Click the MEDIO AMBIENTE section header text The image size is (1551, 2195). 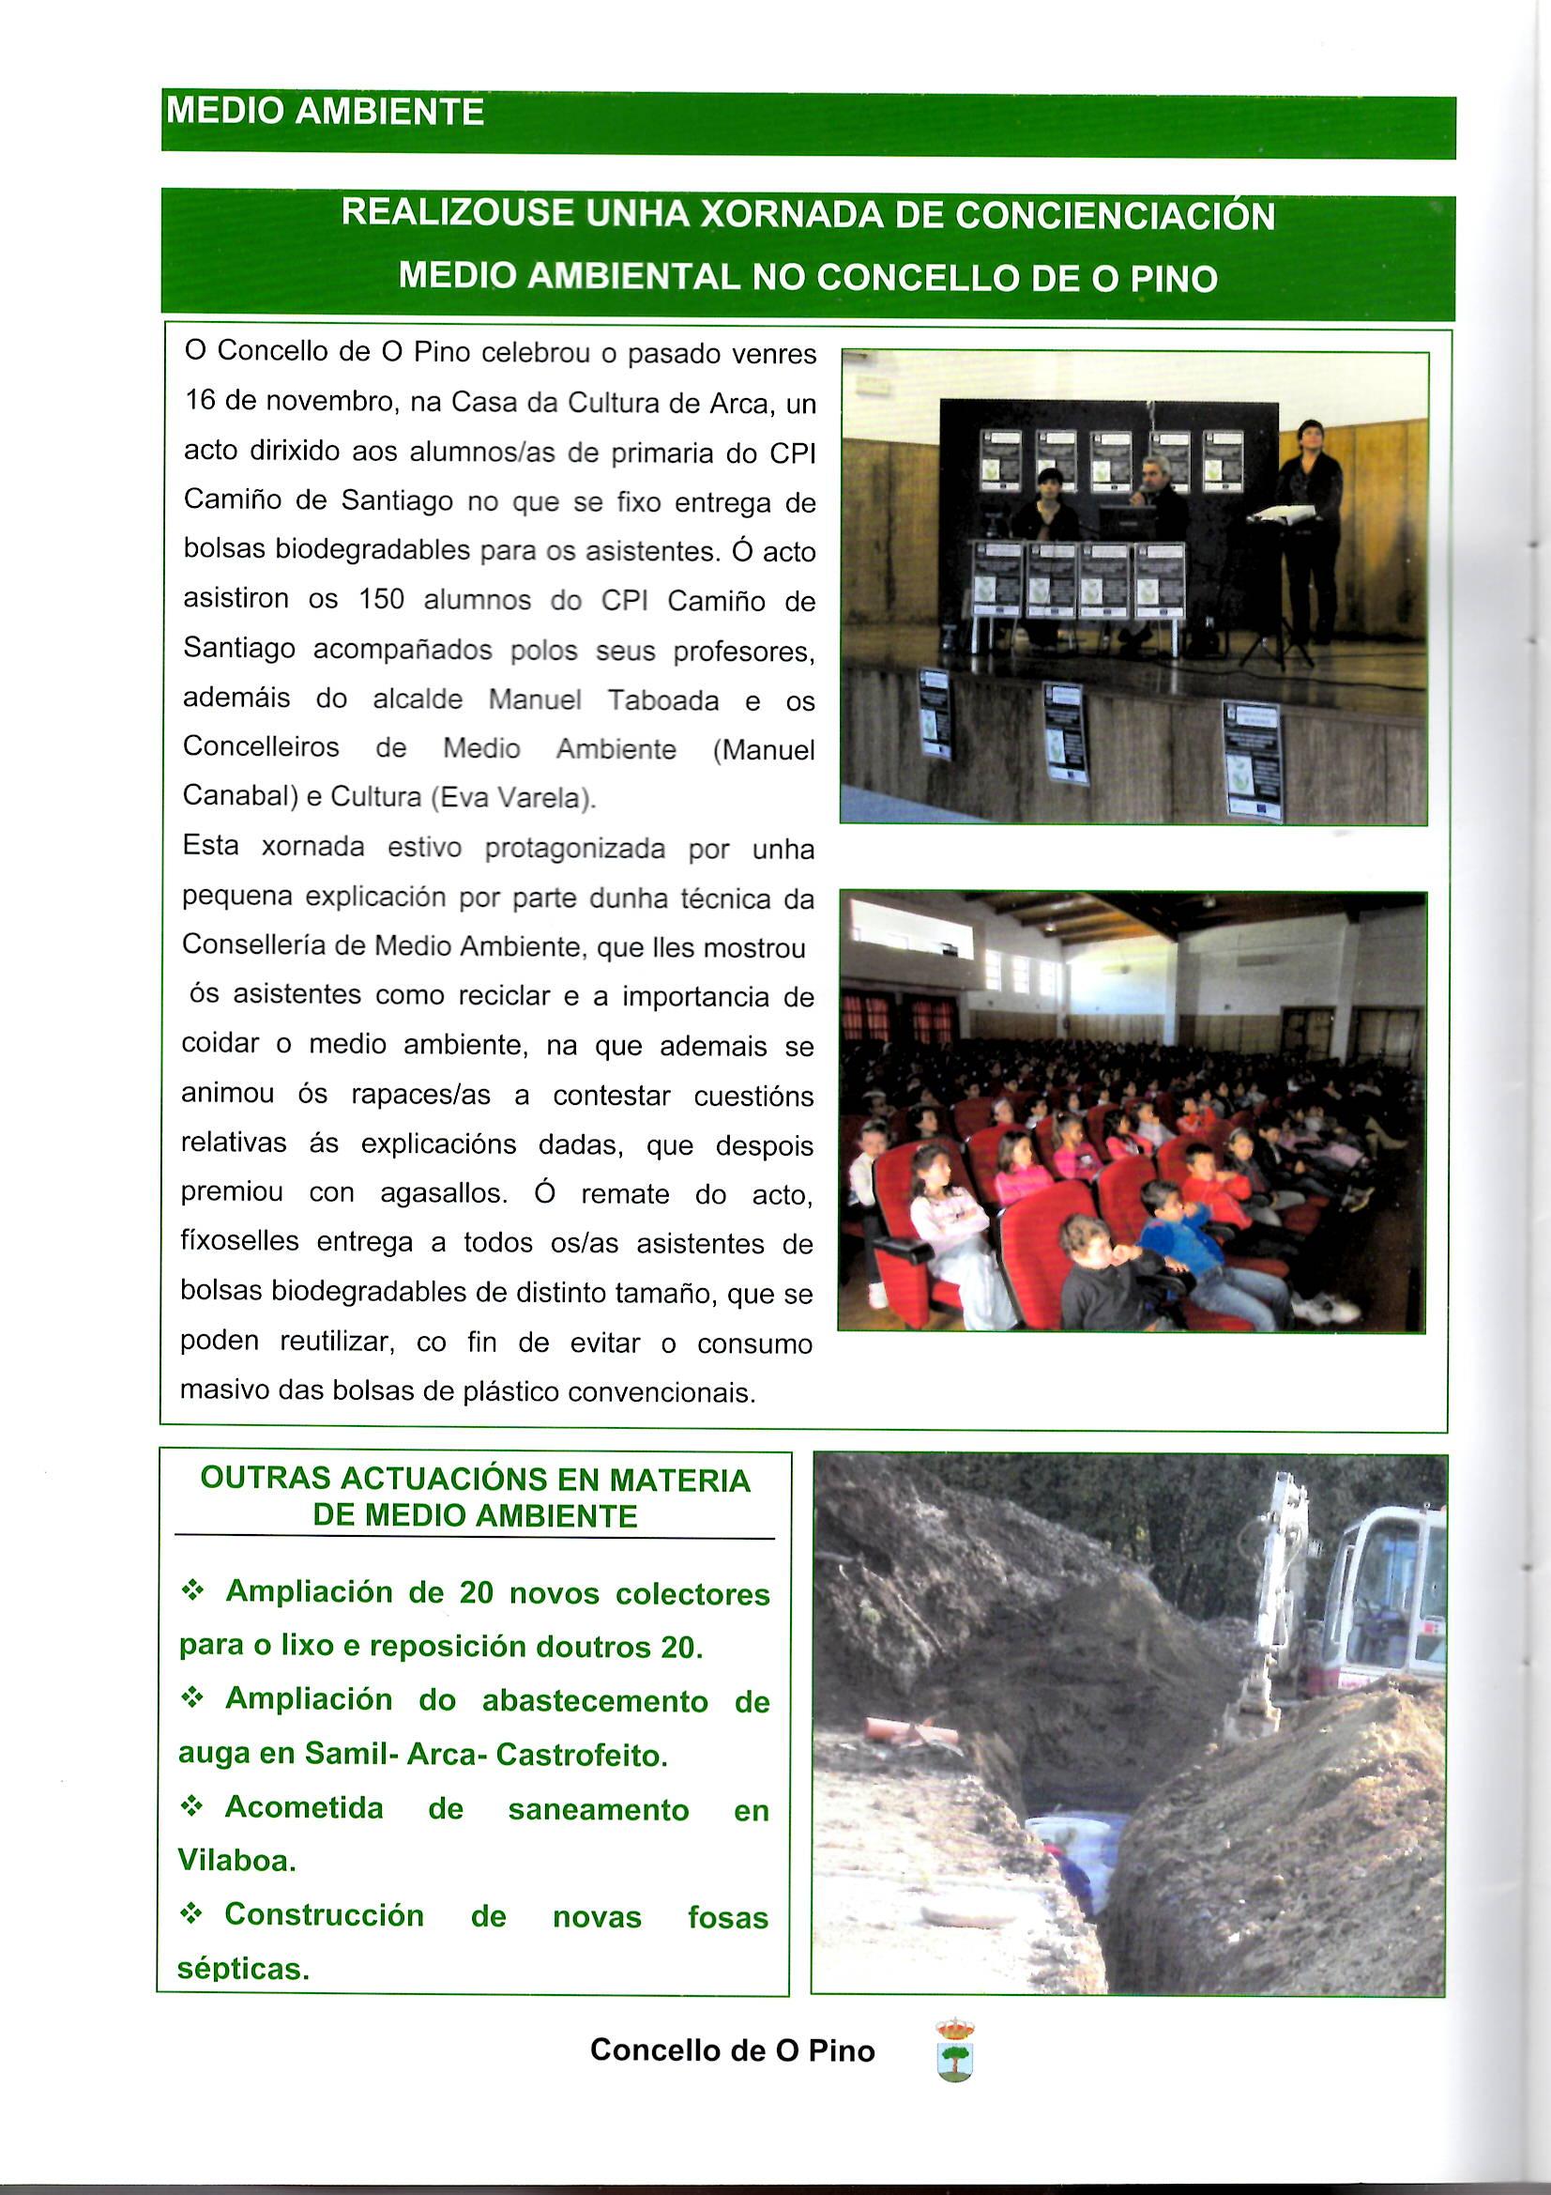[x=325, y=113]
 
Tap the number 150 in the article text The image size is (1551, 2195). [x=382, y=599]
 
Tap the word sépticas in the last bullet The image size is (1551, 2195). [x=242, y=1968]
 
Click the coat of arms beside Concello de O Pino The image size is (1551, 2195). [x=954, y=2049]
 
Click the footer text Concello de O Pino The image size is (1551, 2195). [x=732, y=2049]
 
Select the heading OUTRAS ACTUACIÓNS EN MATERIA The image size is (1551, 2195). [x=475, y=1479]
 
